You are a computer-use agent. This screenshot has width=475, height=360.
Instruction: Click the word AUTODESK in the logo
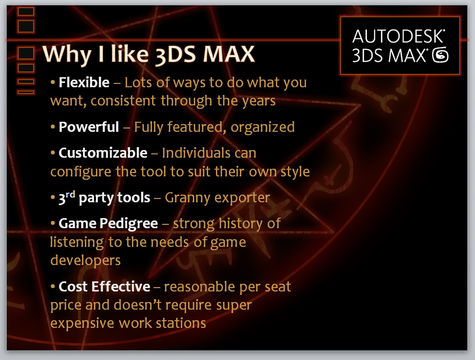coord(398,36)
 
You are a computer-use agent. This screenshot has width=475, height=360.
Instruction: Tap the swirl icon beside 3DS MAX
coord(440,55)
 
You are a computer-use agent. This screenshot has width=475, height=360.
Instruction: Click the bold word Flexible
coord(84,82)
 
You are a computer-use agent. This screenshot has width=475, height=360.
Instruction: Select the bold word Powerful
coord(88,127)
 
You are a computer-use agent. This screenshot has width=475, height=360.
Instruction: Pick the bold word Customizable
coord(103,153)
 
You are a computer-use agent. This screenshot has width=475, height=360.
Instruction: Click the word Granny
coord(188,198)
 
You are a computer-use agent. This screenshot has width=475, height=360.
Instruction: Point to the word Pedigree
coord(129,224)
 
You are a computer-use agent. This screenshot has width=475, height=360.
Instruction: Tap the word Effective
coord(120,287)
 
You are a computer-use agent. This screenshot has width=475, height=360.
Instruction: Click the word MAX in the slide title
coord(229,54)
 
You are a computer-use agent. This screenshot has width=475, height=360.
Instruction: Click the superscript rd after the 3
coord(70,194)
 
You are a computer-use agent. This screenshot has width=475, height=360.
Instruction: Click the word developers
coord(85,261)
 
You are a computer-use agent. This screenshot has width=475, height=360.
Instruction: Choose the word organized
coord(262,128)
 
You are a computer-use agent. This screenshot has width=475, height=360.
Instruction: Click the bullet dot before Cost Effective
coord(53,286)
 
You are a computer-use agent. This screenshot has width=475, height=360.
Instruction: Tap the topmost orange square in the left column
coord(26,12)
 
